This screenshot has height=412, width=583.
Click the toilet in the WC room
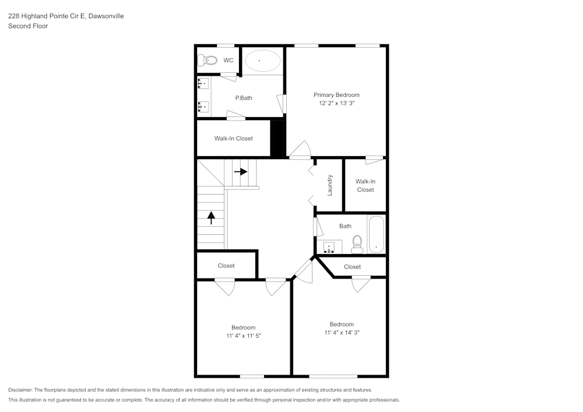pyautogui.click(x=208, y=60)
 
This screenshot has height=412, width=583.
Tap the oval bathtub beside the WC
pyautogui.click(x=262, y=61)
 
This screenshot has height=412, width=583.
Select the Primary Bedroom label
pyautogui.click(x=336, y=95)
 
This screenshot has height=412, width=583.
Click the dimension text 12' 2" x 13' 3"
pyautogui.click(x=336, y=103)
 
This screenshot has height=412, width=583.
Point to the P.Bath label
pyautogui.click(x=244, y=98)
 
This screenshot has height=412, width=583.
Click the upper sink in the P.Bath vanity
pyautogui.click(x=203, y=84)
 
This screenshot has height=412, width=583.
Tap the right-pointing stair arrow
pyautogui.click(x=241, y=172)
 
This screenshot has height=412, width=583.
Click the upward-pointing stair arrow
pyautogui.click(x=211, y=218)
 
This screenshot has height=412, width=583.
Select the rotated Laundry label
pyautogui.click(x=329, y=185)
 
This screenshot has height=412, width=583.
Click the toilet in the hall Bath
pyautogui.click(x=357, y=244)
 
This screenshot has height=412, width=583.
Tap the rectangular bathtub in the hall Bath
pyautogui.click(x=377, y=235)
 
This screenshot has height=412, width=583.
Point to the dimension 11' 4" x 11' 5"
pyautogui.click(x=243, y=336)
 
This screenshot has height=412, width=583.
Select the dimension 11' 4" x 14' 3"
pyautogui.click(x=342, y=333)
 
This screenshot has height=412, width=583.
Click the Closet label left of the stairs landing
pyautogui.click(x=226, y=266)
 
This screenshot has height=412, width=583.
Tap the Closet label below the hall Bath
pyautogui.click(x=352, y=267)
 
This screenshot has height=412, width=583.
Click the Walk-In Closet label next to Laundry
pyautogui.click(x=366, y=185)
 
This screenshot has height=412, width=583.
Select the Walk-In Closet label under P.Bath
pyautogui.click(x=233, y=139)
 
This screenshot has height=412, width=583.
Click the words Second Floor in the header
pyautogui.click(x=28, y=26)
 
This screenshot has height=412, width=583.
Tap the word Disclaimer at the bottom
pyautogui.click(x=20, y=390)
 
